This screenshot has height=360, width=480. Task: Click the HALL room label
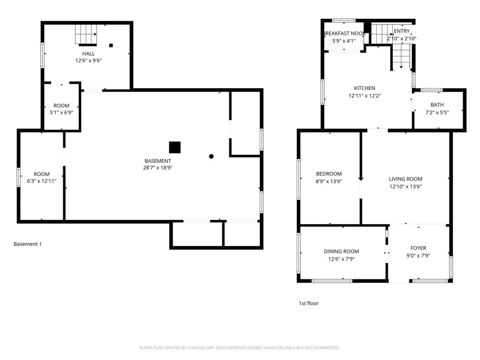pyautogui.click(x=89, y=53)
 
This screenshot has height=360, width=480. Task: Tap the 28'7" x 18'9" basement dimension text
pyautogui.click(x=157, y=168)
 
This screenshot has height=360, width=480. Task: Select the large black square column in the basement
pyautogui.click(x=175, y=147)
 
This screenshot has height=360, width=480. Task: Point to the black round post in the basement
pyautogui.click(x=211, y=157)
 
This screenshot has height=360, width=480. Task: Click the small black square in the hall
pyautogui.click(x=111, y=45)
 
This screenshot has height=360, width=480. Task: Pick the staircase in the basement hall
pyautogui.click(x=86, y=35)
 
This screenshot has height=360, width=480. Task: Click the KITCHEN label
pyautogui.click(x=365, y=88)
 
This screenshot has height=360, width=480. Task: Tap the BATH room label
pyautogui.click(x=437, y=105)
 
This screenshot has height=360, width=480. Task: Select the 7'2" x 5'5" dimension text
pyautogui.click(x=437, y=112)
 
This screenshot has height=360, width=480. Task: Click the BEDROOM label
pyautogui.click(x=329, y=174)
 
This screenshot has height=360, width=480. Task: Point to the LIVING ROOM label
pyautogui.click(x=405, y=179)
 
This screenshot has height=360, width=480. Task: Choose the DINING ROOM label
pyautogui.click(x=341, y=251)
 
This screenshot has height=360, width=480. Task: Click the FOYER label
pyautogui.click(x=418, y=248)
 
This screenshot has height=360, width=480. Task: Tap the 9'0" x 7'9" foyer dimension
pyautogui.click(x=418, y=255)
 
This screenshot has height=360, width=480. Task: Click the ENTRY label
pyautogui.click(x=402, y=31)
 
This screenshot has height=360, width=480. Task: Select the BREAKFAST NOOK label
pyautogui.click(x=344, y=33)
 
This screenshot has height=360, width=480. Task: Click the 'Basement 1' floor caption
pyautogui.click(x=28, y=244)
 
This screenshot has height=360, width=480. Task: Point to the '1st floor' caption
pyautogui.click(x=308, y=303)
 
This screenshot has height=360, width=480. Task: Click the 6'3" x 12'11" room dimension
pyautogui.click(x=42, y=181)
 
